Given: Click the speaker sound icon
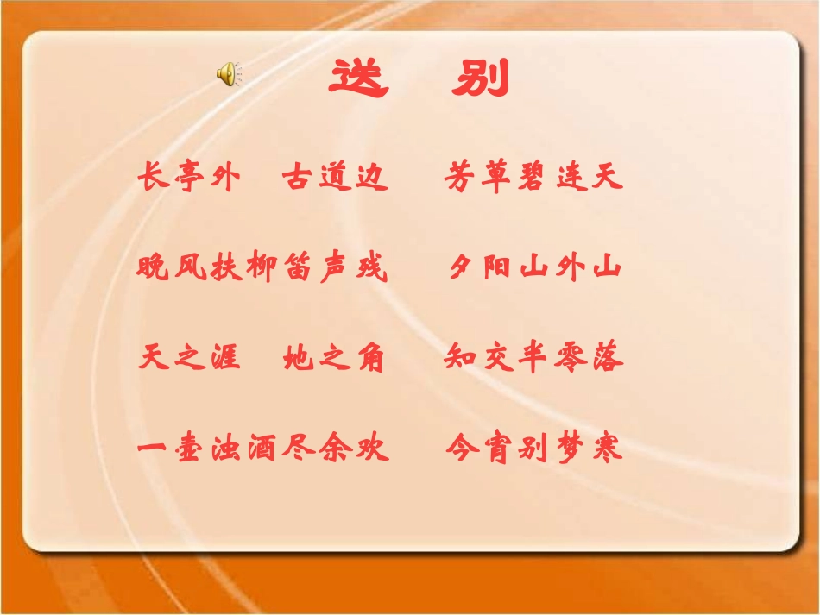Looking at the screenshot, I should point(228,75).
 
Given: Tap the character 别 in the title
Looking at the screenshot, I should point(481,78).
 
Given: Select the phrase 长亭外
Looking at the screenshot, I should point(186,179).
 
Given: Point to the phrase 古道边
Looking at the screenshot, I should point(334,179).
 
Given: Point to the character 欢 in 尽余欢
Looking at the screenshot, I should point(372,449).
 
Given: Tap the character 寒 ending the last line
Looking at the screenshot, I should point(607,449).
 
